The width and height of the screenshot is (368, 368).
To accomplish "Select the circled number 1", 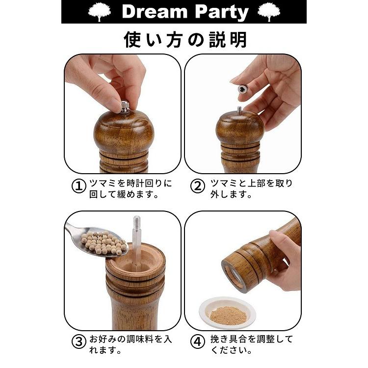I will [79, 187].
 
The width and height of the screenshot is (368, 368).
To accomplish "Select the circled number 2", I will [197, 187].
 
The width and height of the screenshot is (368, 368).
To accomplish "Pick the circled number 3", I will [79, 342].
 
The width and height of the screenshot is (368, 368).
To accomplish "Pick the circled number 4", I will [197, 342].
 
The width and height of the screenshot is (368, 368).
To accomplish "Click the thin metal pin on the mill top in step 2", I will [239, 109].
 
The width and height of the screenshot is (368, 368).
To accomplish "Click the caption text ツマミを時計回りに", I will [131, 184].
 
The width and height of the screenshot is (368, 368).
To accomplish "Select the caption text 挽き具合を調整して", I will [252, 339].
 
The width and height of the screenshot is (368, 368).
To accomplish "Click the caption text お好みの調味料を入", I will [131, 339].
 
